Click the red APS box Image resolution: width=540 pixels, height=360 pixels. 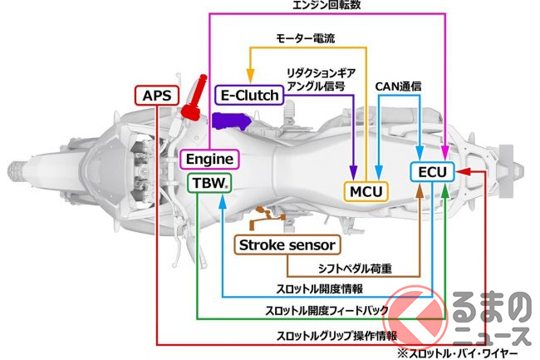(156, 96)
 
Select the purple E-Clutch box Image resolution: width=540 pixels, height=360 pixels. (248, 96)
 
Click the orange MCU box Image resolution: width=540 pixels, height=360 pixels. (366, 191)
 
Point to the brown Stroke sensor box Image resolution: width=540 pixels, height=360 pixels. (287, 244)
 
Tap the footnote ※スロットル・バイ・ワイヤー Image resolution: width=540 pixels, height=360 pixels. (469, 353)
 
